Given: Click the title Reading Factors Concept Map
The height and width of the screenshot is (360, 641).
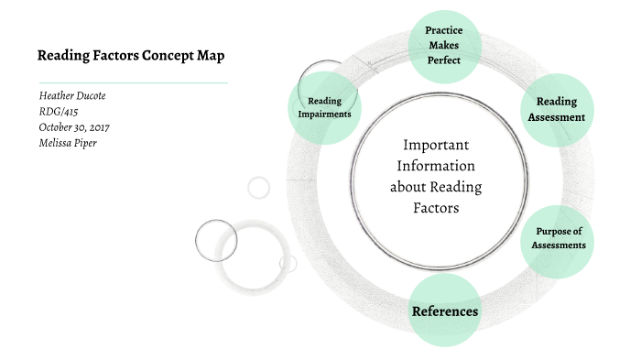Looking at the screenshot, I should point(130,55).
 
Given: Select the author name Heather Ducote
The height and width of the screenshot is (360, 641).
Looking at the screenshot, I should point(72,96).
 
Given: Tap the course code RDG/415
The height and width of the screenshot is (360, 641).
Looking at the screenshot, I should point(59,112).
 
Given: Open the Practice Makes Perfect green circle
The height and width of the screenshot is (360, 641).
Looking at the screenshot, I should point(442,45).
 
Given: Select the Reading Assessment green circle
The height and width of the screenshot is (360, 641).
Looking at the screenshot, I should point(556,109).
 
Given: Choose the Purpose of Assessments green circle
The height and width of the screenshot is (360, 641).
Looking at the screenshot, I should point(559,238).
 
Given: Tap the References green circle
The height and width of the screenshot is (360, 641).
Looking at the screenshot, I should point(445,311).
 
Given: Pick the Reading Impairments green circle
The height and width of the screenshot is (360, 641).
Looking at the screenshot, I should point(324,107).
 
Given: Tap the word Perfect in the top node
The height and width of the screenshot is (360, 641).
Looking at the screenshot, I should point(442,60).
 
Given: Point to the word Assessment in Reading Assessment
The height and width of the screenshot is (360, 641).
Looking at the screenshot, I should point(556,117).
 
